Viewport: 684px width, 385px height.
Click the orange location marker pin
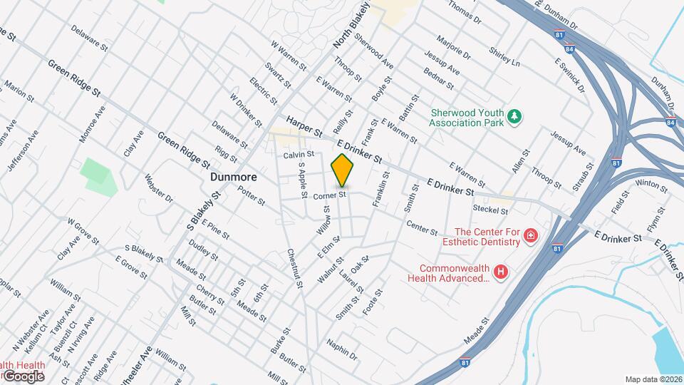click(343, 170)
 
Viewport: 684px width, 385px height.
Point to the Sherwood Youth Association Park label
click(467, 117)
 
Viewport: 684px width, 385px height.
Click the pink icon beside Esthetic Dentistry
click(530, 236)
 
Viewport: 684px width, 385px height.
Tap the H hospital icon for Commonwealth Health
click(502, 272)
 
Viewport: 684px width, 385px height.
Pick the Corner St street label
click(329, 195)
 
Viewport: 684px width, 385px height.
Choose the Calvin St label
click(299, 154)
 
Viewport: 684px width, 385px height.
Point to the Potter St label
click(251, 193)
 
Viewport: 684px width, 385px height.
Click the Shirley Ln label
click(504, 56)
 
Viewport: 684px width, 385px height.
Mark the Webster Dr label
click(159, 188)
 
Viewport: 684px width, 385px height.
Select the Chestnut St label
click(296, 268)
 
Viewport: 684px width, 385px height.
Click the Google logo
click(23, 376)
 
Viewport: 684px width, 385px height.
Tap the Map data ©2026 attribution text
click(653, 379)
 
